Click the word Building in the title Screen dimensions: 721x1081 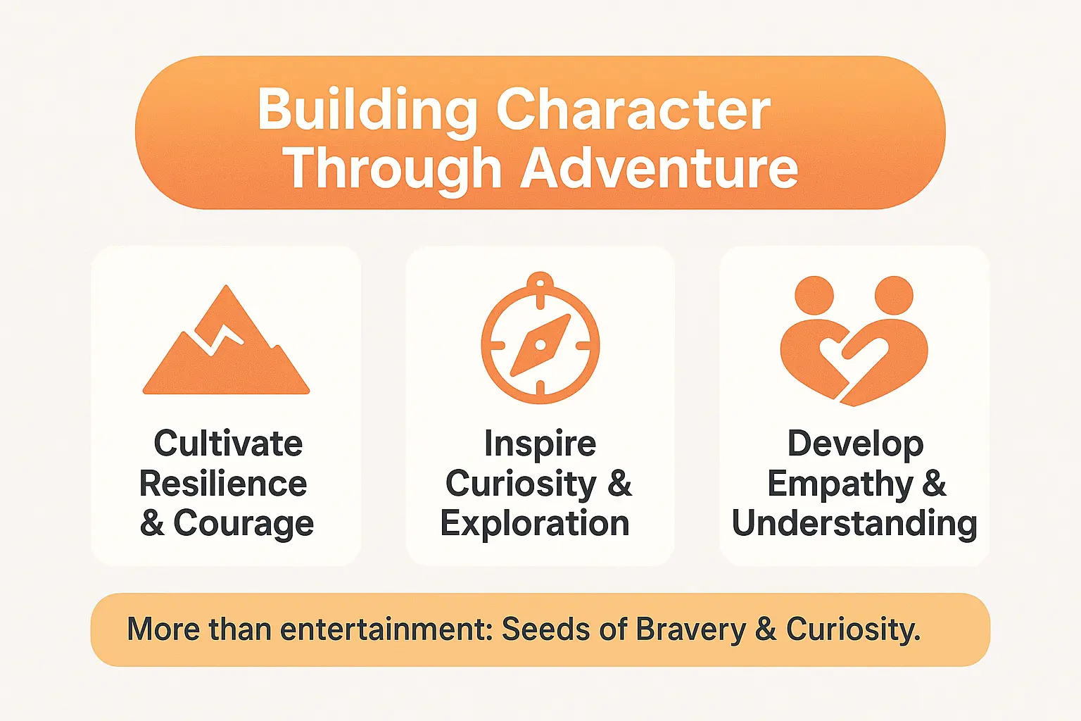point(367,111)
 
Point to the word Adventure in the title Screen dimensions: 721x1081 point(659,169)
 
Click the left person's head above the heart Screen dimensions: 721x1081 point(814,295)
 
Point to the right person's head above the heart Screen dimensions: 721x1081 point(894,295)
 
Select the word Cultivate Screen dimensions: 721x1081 point(228,444)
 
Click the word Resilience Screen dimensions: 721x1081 point(223,484)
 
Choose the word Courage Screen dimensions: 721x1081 point(244,524)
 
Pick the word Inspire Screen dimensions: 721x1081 point(540,444)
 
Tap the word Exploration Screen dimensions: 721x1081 point(535,524)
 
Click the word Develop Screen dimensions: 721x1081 point(855,444)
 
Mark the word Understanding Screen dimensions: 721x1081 point(854,524)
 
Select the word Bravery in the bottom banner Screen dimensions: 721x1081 point(690,629)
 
